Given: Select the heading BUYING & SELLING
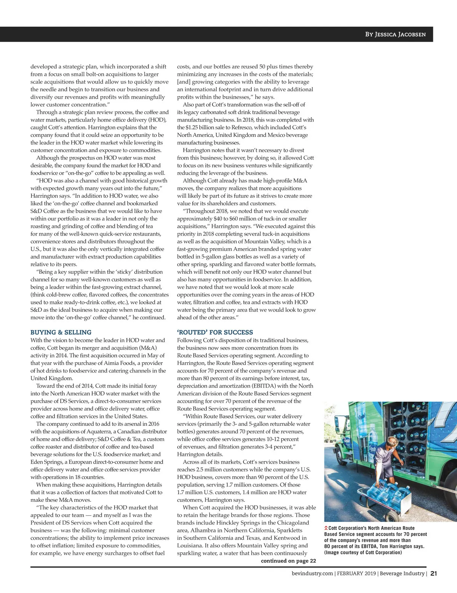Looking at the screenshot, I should tap(61, 332).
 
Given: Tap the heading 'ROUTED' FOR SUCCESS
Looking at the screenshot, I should tap(215, 332).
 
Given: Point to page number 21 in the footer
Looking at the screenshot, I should tap(434, 574).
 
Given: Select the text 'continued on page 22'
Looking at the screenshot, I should tap(288, 561).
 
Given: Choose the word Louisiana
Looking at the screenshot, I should tap(190, 545).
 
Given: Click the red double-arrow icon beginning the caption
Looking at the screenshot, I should tap(326, 528).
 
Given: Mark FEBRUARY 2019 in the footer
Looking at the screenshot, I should tap(356, 574).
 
